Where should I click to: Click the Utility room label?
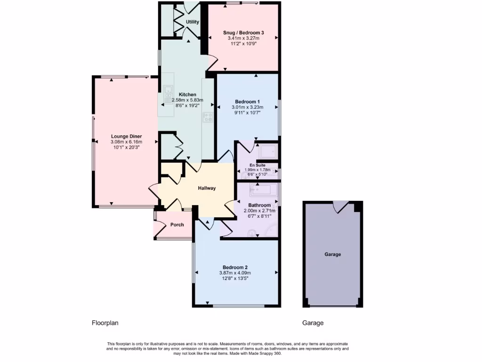[192, 22]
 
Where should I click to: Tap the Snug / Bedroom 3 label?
[243, 33]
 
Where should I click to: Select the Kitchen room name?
[187, 95]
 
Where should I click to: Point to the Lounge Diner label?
[126, 136]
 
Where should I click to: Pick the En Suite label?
[257, 165]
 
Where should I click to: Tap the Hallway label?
[207, 188]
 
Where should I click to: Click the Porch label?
[177, 224]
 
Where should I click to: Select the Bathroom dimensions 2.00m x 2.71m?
[259, 211]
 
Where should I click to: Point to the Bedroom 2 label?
[235, 267]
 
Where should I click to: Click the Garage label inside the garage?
[332, 255]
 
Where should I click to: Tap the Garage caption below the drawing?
[313, 323]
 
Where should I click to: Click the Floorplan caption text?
[104, 323]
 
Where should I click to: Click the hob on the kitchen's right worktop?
[208, 117]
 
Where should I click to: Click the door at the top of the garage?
[341, 206]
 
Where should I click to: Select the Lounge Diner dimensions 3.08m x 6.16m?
[126, 142]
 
